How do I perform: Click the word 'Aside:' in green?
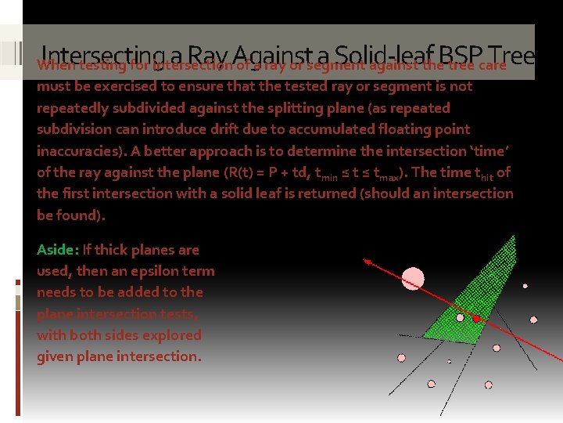(57, 250)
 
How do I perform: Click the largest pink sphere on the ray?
(413, 278)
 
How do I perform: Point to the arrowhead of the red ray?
(366, 262)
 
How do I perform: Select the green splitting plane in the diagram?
(476, 290)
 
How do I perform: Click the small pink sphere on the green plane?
(460, 317)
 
